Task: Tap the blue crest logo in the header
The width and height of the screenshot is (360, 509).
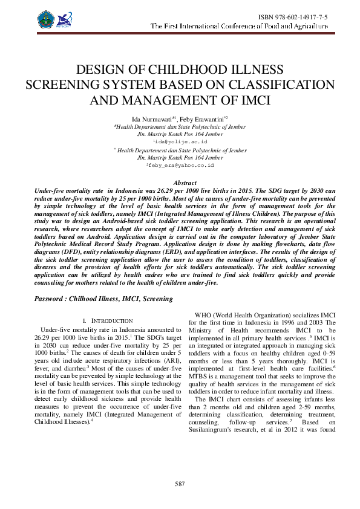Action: point(46,19)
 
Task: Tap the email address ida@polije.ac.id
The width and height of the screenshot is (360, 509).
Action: point(181,141)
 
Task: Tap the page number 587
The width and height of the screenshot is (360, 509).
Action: point(180,484)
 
